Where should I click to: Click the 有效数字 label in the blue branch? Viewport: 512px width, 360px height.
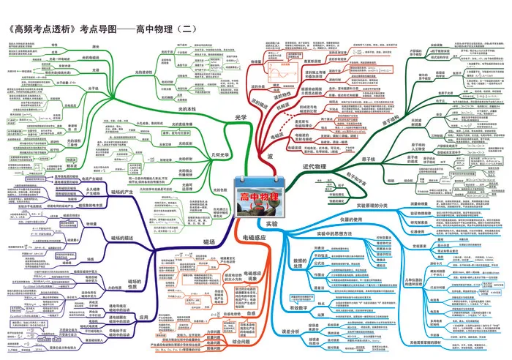301,308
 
